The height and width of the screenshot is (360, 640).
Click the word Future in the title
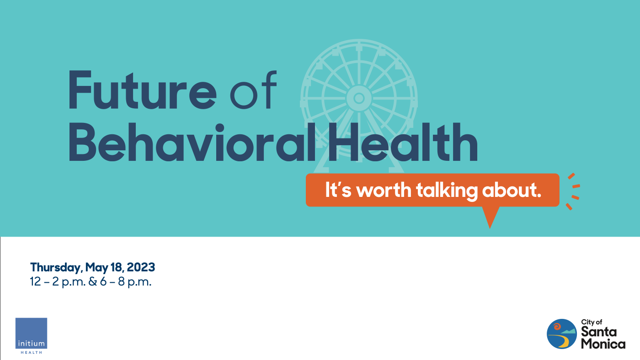coord(142,90)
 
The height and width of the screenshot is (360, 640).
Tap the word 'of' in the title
coord(253,90)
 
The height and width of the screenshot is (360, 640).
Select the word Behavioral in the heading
coord(192,142)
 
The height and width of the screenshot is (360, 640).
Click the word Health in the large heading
coord(403,142)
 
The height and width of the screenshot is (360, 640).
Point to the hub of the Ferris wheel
coord(359,98)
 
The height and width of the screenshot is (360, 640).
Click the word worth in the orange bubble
coord(384,190)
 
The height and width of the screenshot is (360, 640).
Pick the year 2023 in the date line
coord(141,267)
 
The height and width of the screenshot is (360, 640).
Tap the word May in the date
coord(97,268)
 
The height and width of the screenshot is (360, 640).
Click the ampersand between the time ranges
coord(93,282)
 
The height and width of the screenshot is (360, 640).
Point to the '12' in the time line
coord(36,282)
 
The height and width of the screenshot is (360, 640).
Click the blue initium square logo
coord(32,333)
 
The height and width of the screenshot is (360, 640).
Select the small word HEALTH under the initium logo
coord(32,353)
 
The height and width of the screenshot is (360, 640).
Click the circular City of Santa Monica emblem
coord(562,334)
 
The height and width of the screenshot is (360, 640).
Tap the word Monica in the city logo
coord(603,344)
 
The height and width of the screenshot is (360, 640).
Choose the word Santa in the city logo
coord(599,332)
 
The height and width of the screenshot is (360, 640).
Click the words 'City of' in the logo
coord(592,322)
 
